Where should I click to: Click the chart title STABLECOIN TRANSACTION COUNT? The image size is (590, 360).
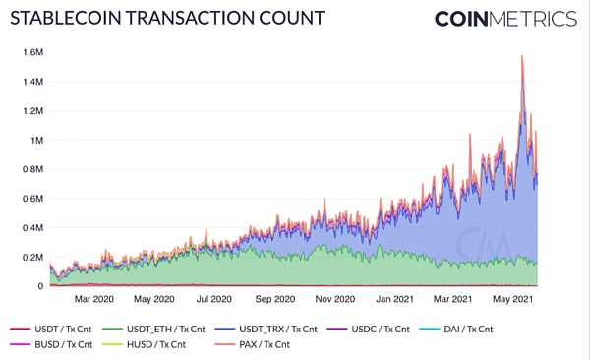click(x=158, y=19)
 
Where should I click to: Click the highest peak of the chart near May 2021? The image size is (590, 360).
click(x=521, y=56)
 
